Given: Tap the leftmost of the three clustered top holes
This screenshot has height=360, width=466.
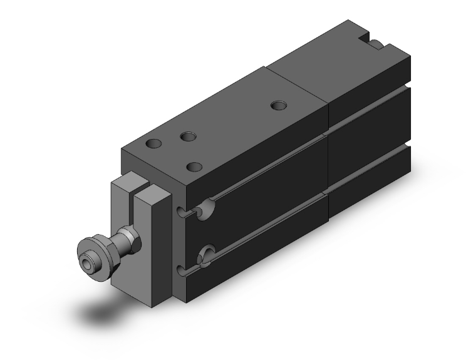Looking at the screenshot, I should pos(152,144).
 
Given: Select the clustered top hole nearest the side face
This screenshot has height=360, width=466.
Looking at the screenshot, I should pos(195,167).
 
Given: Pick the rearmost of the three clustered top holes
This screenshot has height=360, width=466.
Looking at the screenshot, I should pos(187,136).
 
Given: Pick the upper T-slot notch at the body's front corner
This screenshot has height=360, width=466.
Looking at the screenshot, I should pos(182,213).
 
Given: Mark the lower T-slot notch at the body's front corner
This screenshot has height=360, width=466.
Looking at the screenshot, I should pos(182,270).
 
